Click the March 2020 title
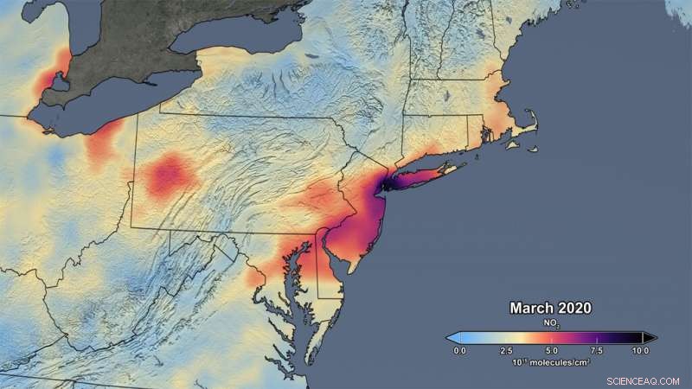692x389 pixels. tap(550, 307)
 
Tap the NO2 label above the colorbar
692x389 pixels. tap(550, 322)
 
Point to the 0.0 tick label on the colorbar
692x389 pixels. tap(460, 351)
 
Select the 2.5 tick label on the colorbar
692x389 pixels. tap(506, 351)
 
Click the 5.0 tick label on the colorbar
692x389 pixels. tap(551, 351)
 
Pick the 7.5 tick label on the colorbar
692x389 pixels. tap(596, 351)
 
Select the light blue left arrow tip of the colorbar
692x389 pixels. tap(451, 336)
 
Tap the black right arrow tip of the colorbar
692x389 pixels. tap(651, 336)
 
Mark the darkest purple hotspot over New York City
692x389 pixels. tap(387, 182)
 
